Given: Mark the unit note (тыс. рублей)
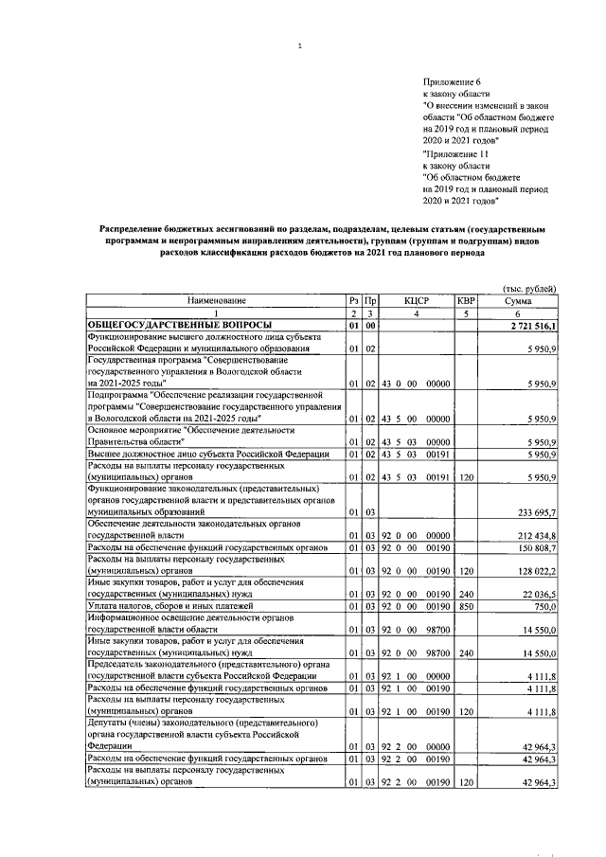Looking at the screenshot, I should point(528,288).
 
